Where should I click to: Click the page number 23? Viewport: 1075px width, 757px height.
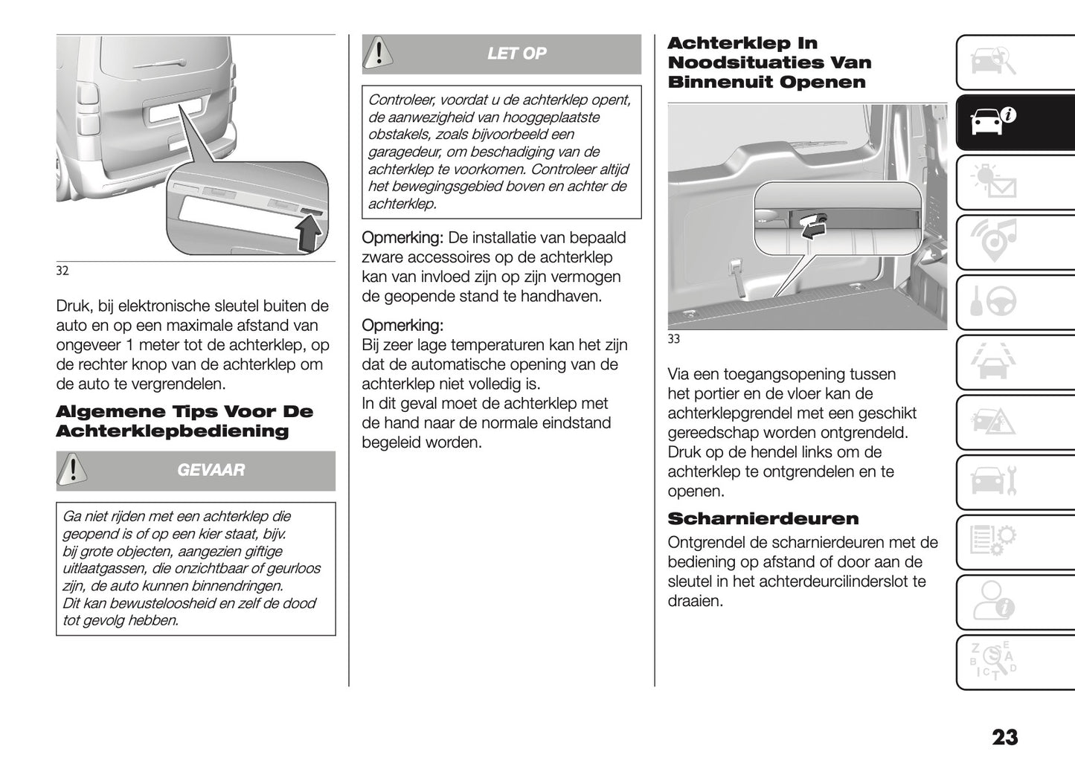(x=1004, y=737)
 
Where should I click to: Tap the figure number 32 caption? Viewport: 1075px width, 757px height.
(x=62, y=271)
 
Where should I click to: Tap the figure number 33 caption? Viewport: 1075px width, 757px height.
(x=674, y=340)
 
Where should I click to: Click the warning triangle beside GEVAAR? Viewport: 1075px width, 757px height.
(x=72, y=470)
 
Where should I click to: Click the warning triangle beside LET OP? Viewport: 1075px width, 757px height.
(x=379, y=53)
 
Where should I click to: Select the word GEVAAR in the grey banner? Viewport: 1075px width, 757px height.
(x=211, y=470)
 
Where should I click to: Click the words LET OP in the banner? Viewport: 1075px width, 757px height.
(x=516, y=54)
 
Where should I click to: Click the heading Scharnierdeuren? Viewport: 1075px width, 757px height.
(x=763, y=518)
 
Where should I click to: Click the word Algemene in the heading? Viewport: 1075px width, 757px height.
(x=110, y=412)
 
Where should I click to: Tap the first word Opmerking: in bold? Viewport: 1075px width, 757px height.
(x=402, y=238)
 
